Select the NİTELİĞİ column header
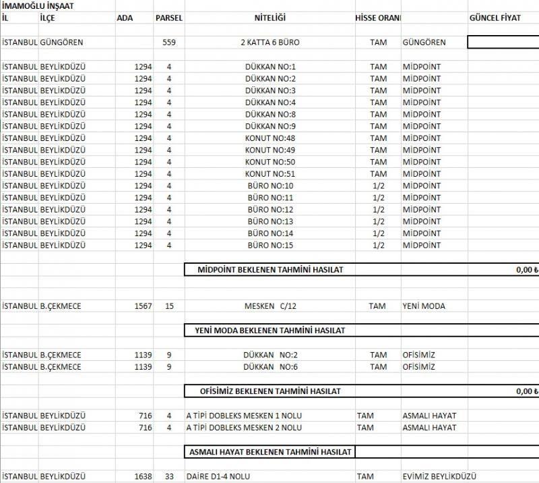point(269,18)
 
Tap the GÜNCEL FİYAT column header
point(495,18)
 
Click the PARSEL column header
point(169,18)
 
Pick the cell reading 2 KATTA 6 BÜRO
point(269,42)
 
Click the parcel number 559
point(169,42)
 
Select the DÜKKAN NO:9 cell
point(270,126)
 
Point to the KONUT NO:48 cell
point(270,138)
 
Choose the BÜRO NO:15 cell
point(270,246)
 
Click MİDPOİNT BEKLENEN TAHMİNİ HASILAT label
point(270,270)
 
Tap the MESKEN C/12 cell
point(270,306)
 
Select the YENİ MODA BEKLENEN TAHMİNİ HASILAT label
point(269,331)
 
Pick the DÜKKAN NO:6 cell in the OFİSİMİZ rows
point(270,367)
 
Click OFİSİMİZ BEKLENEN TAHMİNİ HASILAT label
point(269,391)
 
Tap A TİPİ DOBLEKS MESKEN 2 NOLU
point(244,428)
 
